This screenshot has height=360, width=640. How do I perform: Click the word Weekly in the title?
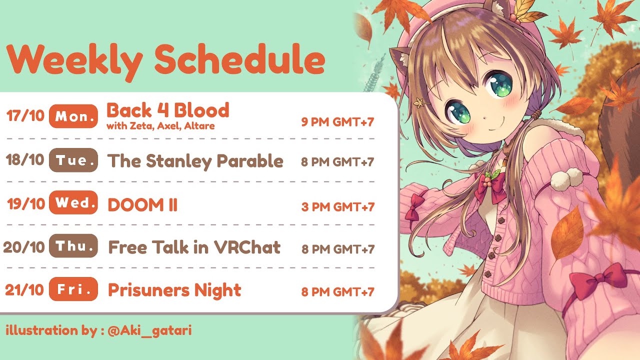(74, 61)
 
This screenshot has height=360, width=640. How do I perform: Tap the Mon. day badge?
(73, 116)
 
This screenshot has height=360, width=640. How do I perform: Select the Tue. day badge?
(73, 160)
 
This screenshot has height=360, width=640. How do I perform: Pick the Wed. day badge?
(73, 202)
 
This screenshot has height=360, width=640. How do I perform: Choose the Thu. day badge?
(73, 245)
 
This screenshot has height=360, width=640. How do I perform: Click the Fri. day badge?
(73, 289)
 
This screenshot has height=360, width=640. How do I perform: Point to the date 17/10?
(25, 116)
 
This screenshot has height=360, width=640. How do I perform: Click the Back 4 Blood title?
(168, 110)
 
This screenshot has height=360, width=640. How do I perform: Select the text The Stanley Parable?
(195, 161)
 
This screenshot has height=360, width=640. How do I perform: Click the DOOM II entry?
(142, 205)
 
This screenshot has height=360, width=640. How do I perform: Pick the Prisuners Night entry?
(174, 291)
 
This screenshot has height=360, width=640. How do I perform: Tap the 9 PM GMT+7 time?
(337, 122)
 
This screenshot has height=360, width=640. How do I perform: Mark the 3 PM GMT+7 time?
(337, 207)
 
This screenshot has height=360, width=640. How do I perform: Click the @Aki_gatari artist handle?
(149, 331)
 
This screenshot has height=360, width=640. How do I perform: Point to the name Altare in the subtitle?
(199, 126)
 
